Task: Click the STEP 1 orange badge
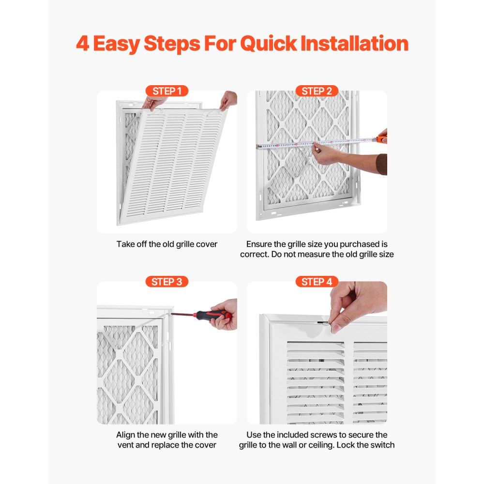(x=167, y=91)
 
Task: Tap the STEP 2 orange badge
(x=317, y=91)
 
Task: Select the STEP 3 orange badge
(x=167, y=282)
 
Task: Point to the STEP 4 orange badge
(x=317, y=282)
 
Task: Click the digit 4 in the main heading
(x=82, y=44)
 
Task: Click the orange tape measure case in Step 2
(x=382, y=139)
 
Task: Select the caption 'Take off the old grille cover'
(x=167, y=244)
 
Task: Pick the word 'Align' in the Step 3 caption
(x=125, y=435)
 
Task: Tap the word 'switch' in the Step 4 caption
(x=382, y=445)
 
